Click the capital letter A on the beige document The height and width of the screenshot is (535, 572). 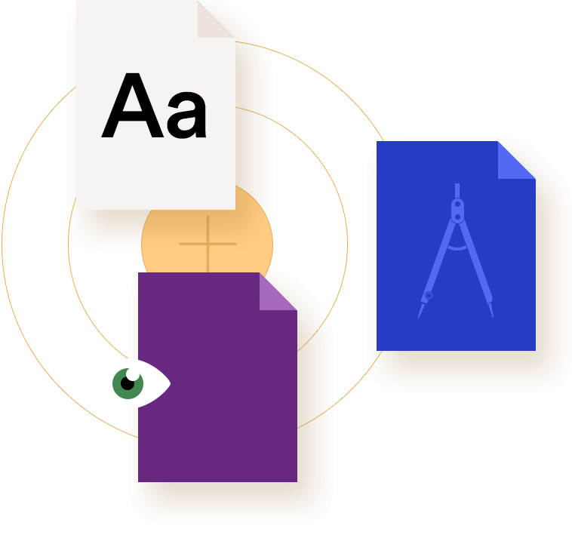tap(132, 106)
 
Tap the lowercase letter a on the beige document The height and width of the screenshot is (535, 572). tap(186, 115)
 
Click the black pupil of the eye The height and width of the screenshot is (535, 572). tap(128, 383)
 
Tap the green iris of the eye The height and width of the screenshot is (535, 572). tap(128, 383)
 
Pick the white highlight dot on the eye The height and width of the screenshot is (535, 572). tap(133, 374)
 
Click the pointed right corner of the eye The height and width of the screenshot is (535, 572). tap(171, 383)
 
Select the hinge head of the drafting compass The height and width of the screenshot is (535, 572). tap(457, 211)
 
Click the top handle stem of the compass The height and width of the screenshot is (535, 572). tap(457, 191)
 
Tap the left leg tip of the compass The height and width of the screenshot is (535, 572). tap(418, 318)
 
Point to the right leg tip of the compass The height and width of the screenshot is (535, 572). tap(493, 317)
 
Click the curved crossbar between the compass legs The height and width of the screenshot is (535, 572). tap(457, 249)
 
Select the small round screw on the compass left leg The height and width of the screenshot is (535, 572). tap(429, 295)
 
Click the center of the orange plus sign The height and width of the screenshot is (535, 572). tap(208, 244)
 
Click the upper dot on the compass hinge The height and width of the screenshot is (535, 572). tap(457, 204)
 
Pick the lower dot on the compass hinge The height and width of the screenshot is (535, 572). tap(457, 217)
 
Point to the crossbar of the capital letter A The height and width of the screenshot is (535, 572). tap(132, 116)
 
